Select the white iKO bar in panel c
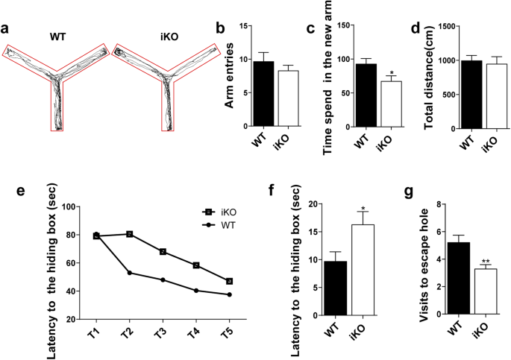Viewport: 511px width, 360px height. pyautogui.click(x=370, y=104)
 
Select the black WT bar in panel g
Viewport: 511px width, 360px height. pyautogui.click(x=458, y=278)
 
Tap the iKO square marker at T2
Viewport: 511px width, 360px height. pyautogui.click(x=130, y=234)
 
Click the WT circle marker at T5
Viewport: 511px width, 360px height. pyautogui.click(x=229, y=294)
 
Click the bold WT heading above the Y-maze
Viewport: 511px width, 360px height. pyautogui.click(x=58, y=35)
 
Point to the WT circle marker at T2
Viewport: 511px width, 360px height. pyautogui.click(x=130, y=273)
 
